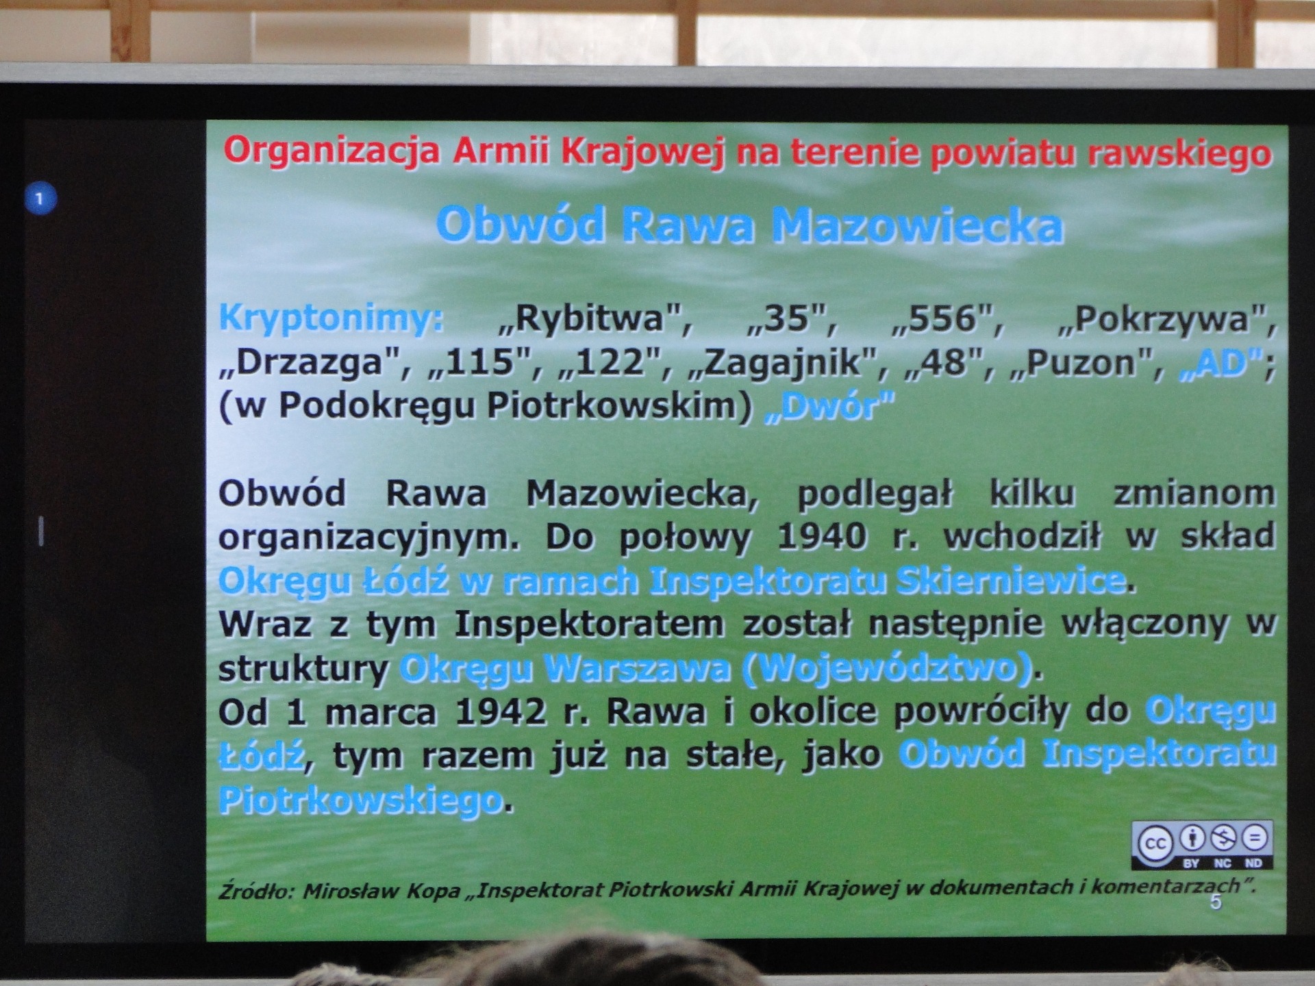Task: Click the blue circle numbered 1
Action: click(40, 199)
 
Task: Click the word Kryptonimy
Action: click(331, 319)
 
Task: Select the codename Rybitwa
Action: click(594, 318)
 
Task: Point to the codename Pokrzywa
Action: click(1166, 319)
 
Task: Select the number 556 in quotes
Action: click(948, 319)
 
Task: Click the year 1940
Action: click(822, 537)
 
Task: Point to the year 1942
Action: click(501, 712)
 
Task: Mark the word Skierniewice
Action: click(1011, 581)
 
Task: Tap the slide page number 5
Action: click(1216, 902)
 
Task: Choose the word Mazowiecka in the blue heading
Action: click(918, 225)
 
